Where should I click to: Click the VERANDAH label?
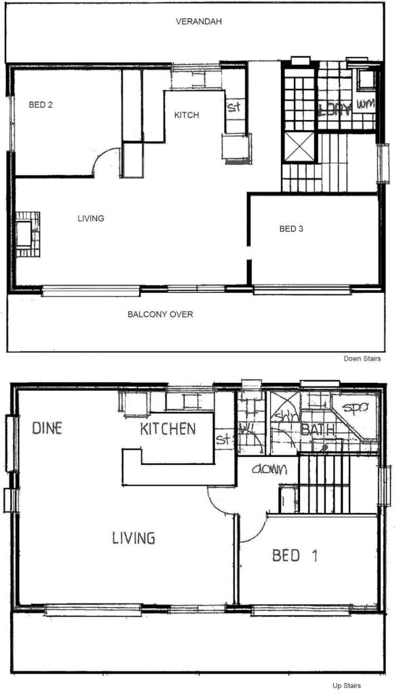pyautogui.click(x=199, y=22)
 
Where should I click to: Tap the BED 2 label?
pyautogui.click(x=41, y=105)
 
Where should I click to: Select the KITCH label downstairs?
pyautogui.click(x=187, y=115)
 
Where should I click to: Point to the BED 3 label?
pyautogui.click(x=291, y=229)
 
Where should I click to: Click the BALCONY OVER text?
pyautogui.click(x=161, y=314)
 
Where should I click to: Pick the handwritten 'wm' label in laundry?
pyautogui.click(x=365, y=104)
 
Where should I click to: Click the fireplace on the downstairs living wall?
pyautogui.click(x=27, y=234)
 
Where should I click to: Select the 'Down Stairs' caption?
pyautogui.click(x=362, y=359)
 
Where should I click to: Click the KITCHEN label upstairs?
pyautogui.click(x=168, y=428)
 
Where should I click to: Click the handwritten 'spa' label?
pyautogui.click(x=354, y=409)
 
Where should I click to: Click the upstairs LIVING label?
pyautogui.click(x=134, y=538)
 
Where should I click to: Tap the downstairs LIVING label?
pyautogui.click(x=90, y=218)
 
